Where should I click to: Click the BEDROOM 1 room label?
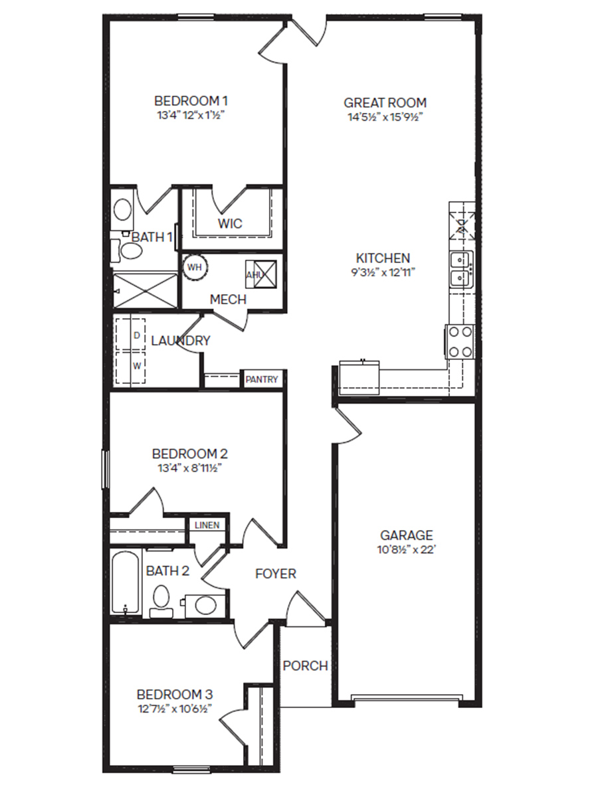point(191,101)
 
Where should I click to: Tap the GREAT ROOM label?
point(385,103)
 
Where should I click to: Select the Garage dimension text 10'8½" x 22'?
point(406,550)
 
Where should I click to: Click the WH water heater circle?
point(194,267)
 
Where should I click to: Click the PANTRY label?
point(262,380)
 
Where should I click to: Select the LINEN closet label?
point(207,525)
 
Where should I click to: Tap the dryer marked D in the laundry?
point(137,335)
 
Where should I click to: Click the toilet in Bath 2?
point(160,598)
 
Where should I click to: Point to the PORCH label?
point(305,665)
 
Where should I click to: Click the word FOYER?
point(276,574)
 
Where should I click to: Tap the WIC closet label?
point(230,224)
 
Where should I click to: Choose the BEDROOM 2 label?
point(190,454)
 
